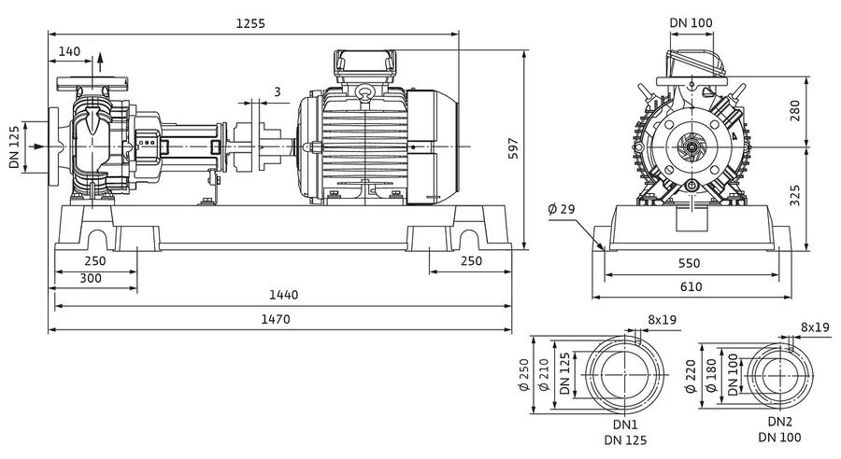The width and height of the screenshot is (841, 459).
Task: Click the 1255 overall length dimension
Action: [250, 23]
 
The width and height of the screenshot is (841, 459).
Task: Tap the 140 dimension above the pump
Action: [69, 51]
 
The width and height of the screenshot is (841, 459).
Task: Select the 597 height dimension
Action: [513, 148]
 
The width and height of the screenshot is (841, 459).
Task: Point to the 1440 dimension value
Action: [283, 295]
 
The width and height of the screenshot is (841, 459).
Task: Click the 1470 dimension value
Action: [275, 319]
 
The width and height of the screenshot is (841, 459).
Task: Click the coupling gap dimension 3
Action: [278, 91]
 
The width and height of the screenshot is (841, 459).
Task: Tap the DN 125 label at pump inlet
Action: [14, 146]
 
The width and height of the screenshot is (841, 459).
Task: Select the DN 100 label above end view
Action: [691, 23]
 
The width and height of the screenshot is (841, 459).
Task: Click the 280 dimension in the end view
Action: [795, 110]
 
